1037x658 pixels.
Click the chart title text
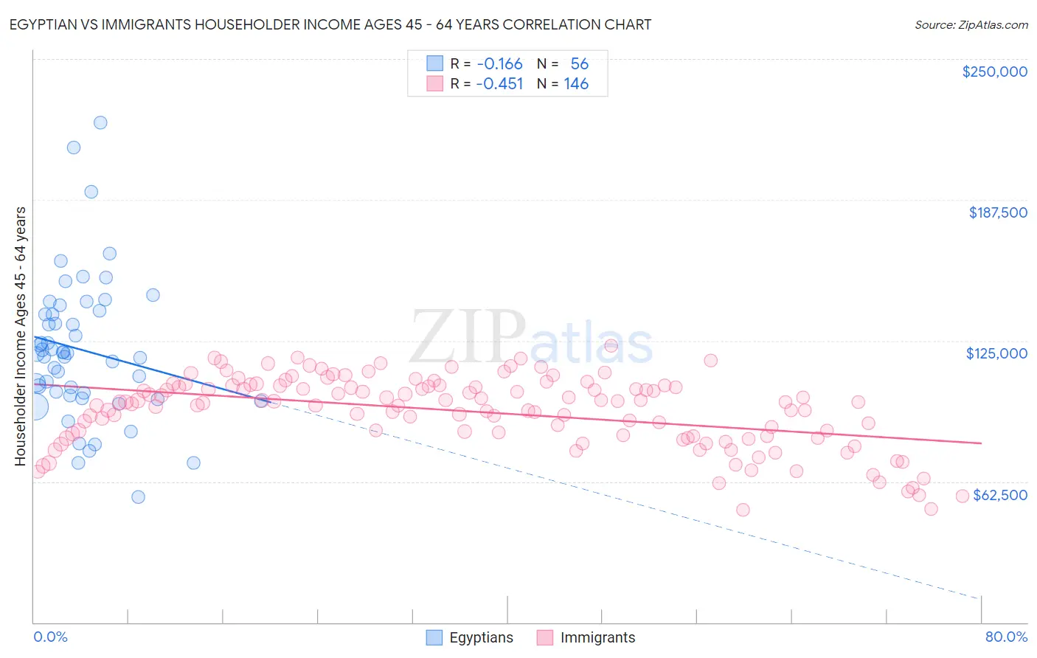tap(330, 24)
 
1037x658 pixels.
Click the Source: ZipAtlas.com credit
tap(971, 24)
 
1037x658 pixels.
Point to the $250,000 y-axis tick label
tap(994, 72)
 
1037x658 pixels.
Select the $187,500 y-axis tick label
tap(997, 212)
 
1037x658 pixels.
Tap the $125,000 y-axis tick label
tap(996, 353)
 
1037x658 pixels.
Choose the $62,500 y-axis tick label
tap(999, 495)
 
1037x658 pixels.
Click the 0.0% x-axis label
tap(50, 637)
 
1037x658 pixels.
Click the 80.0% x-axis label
tap(1005, 637)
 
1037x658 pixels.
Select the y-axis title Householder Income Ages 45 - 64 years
tap(21, 336)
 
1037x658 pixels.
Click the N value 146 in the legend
tap(576, 83)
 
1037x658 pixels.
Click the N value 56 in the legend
tap(579, 63)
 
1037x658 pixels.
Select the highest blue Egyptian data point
tap(100, 122)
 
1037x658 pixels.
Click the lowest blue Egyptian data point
tap(138, 496)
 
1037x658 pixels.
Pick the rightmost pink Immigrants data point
tap(962, 496)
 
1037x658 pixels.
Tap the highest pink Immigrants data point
tap(611, 345)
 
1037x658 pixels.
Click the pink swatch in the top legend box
tap(435, 83)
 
